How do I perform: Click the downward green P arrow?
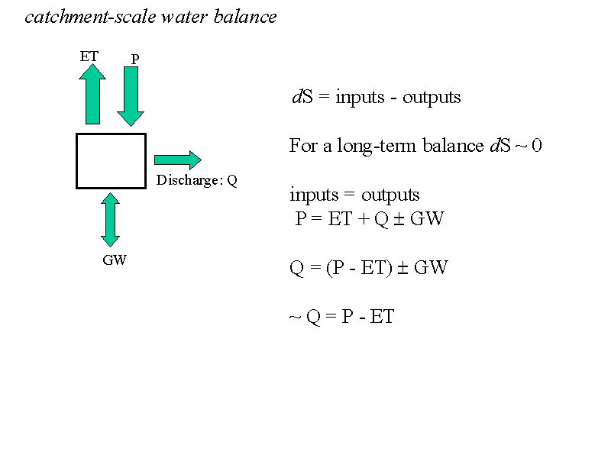click(131, 95)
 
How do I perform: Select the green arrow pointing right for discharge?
click(178, 160)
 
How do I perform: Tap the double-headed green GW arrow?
click(112, 220)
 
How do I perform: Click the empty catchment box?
click(111, 160)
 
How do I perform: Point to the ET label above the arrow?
click(89, 56)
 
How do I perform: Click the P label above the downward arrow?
click(135, 59)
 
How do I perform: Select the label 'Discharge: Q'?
click(197, 181)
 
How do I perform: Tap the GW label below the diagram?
click(115, 260)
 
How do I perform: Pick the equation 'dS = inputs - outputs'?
click(377, 98)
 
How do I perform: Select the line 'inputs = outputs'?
click(354, 195)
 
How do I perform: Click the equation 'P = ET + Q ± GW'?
click(370, 220)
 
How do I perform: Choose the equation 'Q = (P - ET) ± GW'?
click(368, 268)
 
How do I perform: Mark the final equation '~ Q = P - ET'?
click(341, 317)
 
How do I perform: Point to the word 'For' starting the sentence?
click(302, 146)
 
